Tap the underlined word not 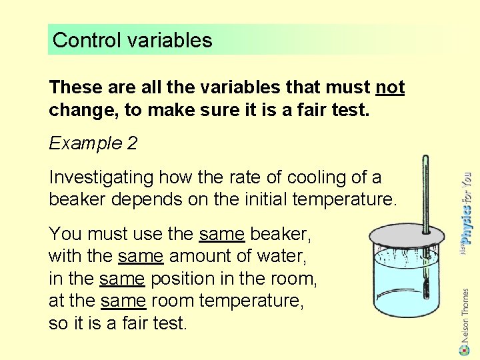point(390,87)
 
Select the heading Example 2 point(85,143)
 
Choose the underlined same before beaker point(223,234)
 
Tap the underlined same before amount point(141,256)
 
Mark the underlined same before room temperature point(123,301)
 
